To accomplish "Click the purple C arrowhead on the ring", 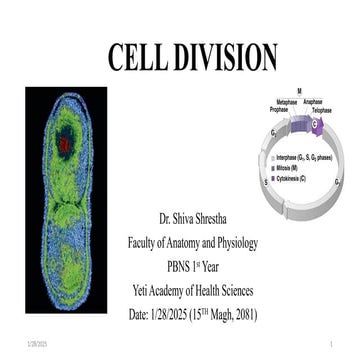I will pyautogui.click(x=318, y=124).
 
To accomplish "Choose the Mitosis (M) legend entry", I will pyautogui.click(x=294, y=167).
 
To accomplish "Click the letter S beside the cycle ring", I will pyautogui.click(x=265, y=184).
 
